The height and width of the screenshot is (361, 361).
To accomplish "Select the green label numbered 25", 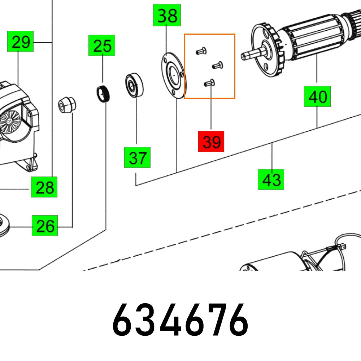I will point(102,45).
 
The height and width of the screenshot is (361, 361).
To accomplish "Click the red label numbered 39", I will point(211,141).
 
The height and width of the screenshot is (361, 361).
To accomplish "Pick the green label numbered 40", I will point(317,96).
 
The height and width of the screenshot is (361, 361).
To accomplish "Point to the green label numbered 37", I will point(137,157).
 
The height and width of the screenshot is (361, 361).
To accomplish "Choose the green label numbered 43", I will point(271,179).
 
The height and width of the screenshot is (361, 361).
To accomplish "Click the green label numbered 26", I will point(45,226).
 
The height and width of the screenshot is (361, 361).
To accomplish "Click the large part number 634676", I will point(180,320).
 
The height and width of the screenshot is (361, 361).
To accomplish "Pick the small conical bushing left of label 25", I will point(68,105).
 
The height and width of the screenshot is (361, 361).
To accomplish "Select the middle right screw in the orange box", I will point(217,65).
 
